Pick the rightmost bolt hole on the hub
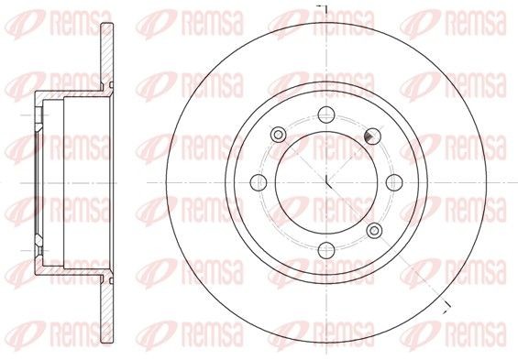pyautogui.click(x=393, y=180)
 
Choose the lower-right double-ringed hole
pyautogui.click(x=374, y=228)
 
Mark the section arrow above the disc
pyautogui.click(x=322, y=8)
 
